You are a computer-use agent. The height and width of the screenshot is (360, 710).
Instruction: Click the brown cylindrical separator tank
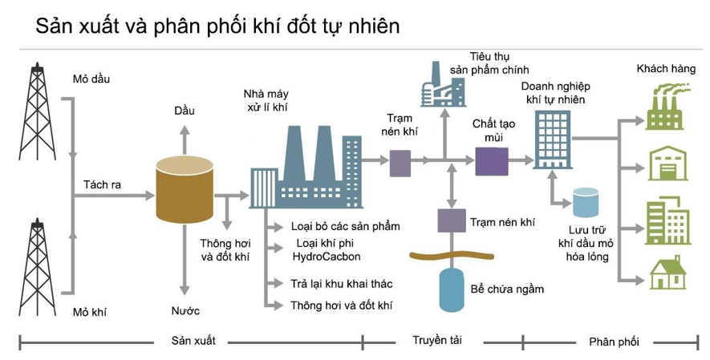185,190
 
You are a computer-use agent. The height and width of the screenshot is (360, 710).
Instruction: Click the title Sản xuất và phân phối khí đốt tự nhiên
217,26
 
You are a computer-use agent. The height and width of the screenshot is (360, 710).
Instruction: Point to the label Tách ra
102,184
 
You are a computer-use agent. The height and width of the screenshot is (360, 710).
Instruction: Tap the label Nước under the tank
185,311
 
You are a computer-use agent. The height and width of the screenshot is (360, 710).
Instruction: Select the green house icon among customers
667,273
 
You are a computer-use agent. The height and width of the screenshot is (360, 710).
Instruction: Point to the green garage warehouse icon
667,164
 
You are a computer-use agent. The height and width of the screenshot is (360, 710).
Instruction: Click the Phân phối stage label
614,342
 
